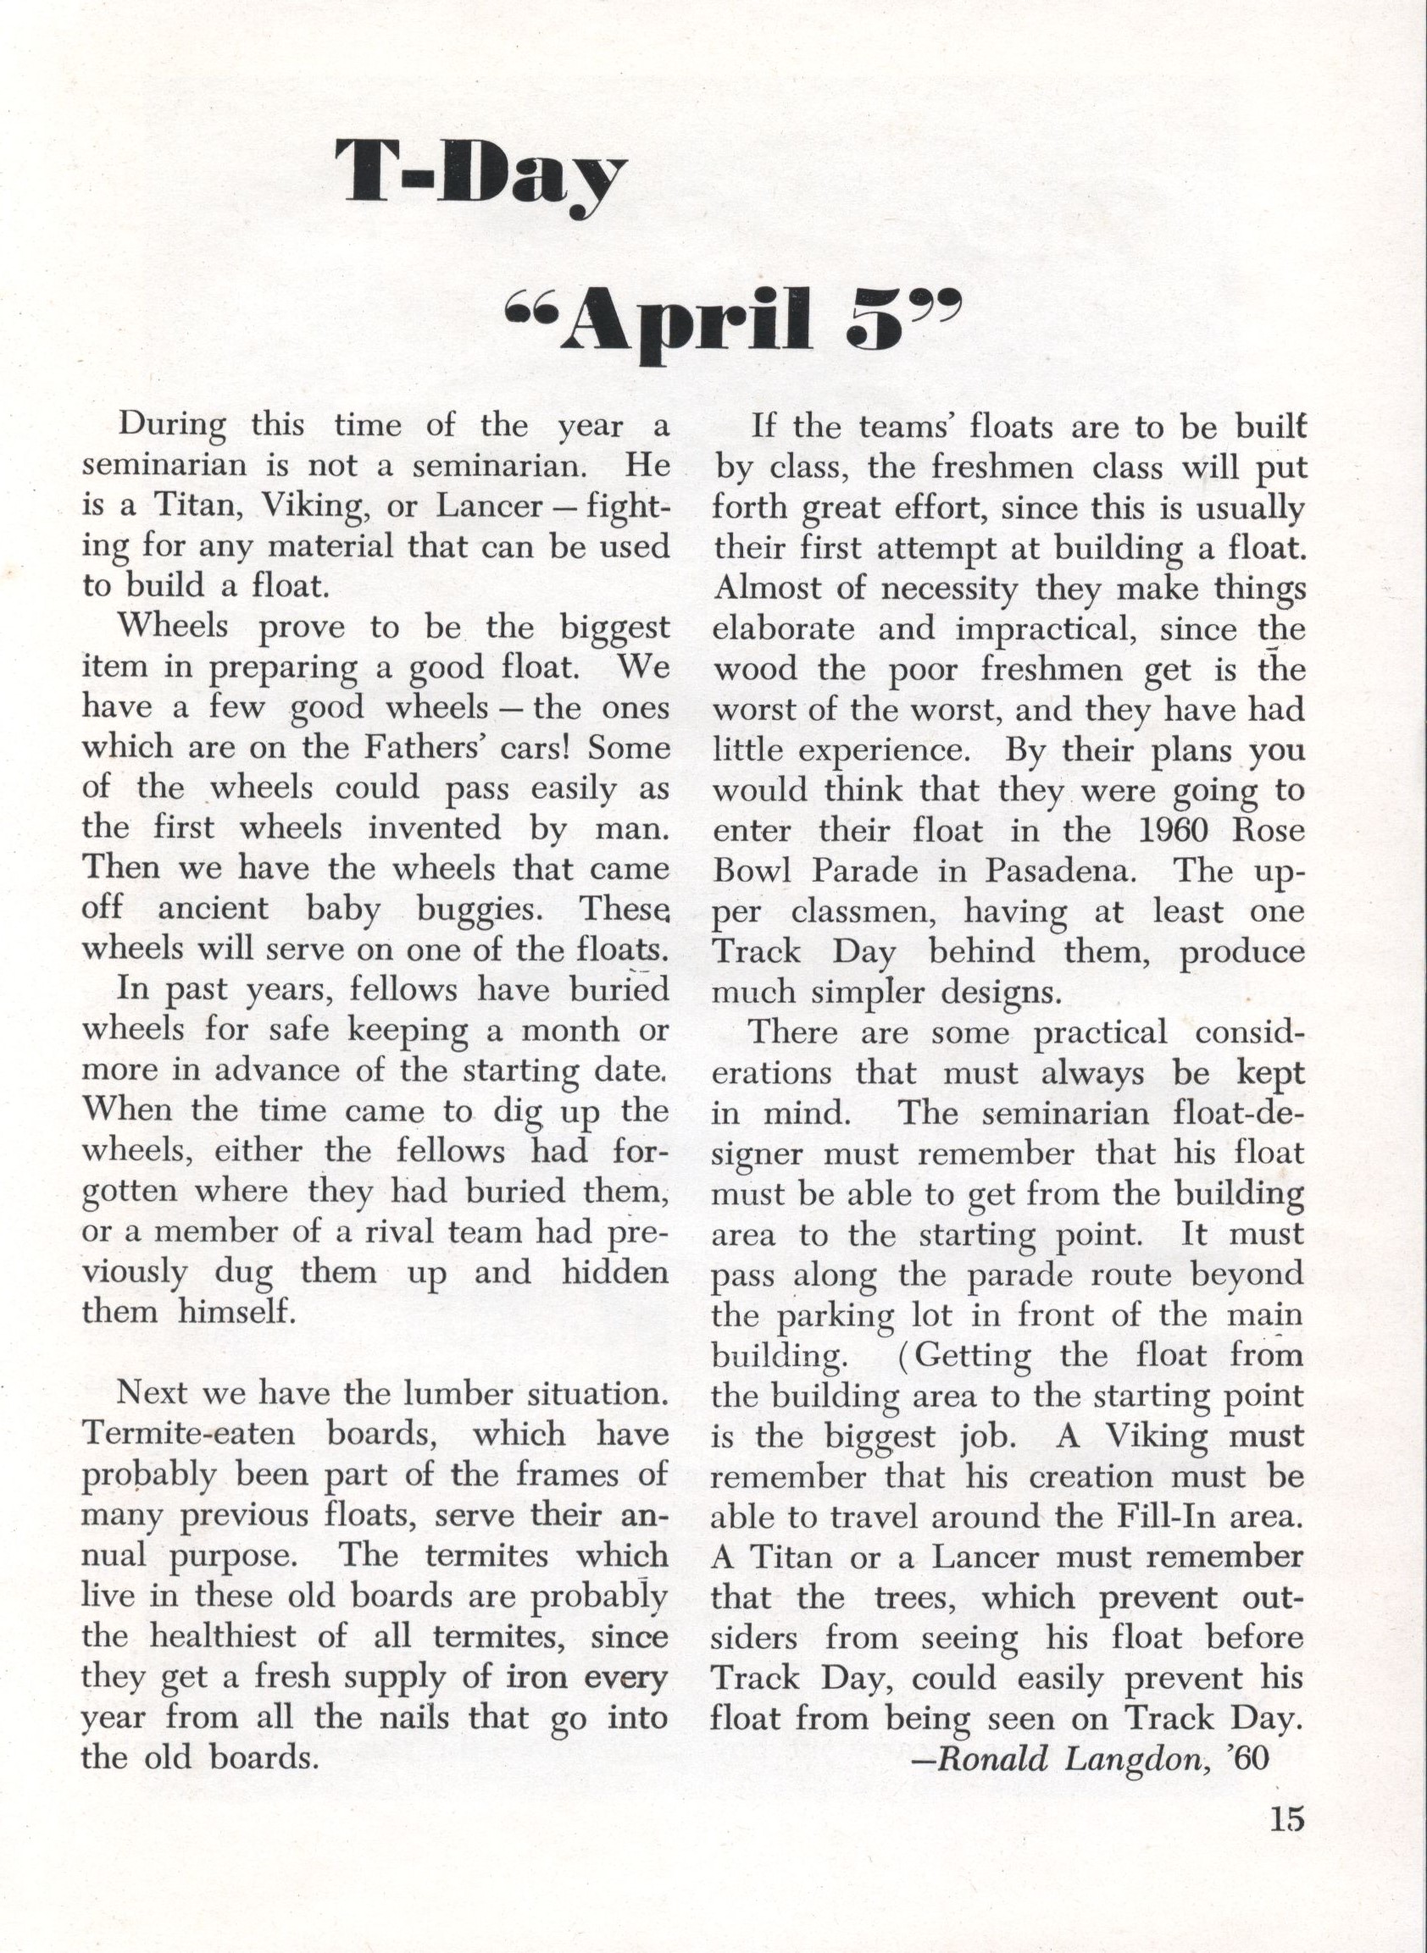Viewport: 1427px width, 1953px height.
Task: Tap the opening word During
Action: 172,427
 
